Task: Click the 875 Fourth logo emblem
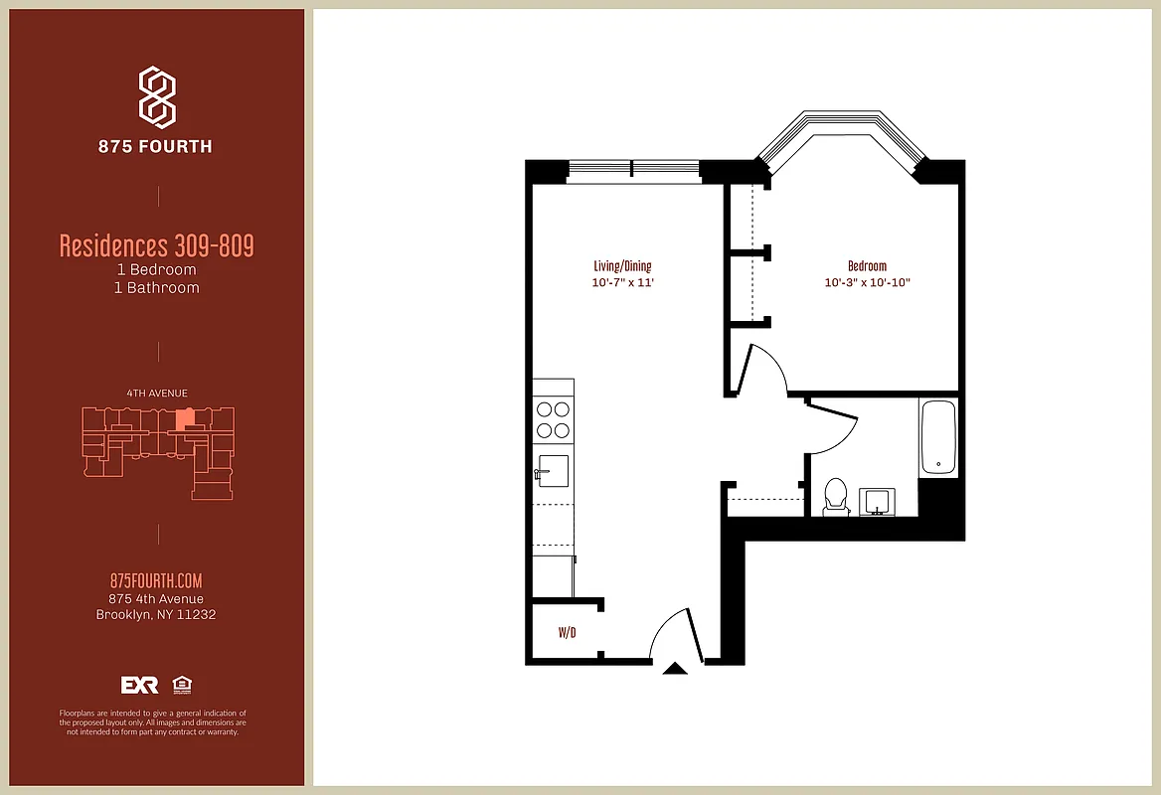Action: point(157,97)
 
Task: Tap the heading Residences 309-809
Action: point(156,245)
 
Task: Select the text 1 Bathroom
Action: point(156,288)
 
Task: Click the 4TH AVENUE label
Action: point(157,394)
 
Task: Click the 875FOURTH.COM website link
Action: point(156,581)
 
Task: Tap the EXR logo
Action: point(139,685)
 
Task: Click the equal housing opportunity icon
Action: point(182,685)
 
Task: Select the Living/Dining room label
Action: point(622,266)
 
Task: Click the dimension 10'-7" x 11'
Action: point(622,283)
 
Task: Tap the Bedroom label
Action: point(867,266)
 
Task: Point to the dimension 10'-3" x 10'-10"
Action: point(867,283)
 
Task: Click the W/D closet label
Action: point(568,631)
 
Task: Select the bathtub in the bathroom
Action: point(938,437)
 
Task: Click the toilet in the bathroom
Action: point(836,496)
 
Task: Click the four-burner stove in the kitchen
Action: point(553,419)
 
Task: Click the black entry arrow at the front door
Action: point(675,669)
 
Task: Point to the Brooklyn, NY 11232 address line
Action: point(156,615)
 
